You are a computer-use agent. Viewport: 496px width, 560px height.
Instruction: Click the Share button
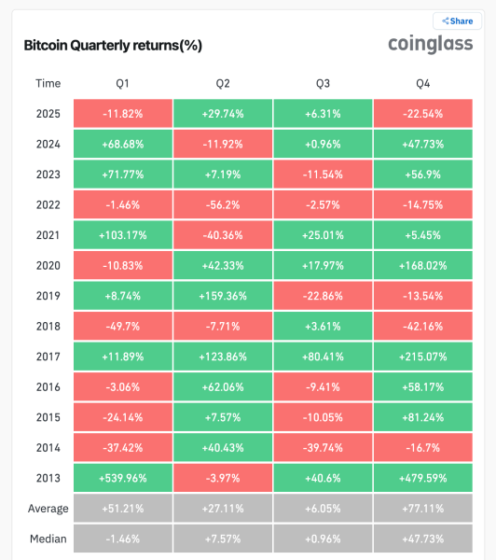[457, 21]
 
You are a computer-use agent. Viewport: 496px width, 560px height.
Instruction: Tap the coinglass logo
[430, 45]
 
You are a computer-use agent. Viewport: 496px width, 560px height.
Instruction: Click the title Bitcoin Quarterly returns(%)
[113, 45]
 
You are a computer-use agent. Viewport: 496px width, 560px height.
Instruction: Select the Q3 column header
[323, 83]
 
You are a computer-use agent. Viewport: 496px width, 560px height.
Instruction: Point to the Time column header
[48, 83]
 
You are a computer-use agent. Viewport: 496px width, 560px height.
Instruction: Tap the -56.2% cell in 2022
[222, 204]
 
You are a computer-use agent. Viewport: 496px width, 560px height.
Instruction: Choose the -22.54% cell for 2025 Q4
[423, 114]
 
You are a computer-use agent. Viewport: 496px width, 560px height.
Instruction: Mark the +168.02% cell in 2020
[423, 264]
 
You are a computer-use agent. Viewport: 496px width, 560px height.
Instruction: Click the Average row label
[48, 508]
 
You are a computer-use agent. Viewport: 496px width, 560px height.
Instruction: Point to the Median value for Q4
[423, 539]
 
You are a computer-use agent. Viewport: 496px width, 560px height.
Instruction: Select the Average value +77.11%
[423, 508]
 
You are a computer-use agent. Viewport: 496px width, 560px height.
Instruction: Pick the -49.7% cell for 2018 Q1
[121, 325]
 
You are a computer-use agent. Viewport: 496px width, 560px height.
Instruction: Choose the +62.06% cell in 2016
[222, 385]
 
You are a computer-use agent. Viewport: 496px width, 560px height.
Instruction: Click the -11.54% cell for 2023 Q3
[323, 174]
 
